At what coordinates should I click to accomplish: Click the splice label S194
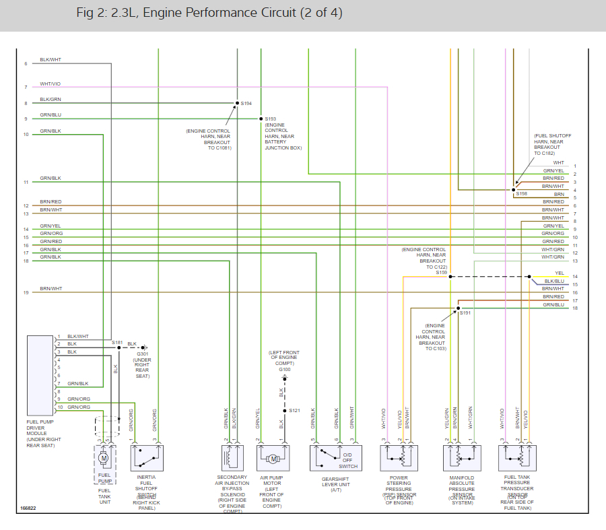(x=246, y=103)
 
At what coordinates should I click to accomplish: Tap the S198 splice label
(x=522, y=193)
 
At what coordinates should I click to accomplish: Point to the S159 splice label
(x=441, y=272)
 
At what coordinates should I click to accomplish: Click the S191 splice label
(x=465, y=313)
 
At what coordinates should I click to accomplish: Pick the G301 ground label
(x=142, y=354)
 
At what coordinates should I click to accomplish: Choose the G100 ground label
(x=285, y=370)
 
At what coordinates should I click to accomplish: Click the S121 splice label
(x=295, y=410)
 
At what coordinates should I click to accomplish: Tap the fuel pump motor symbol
(x=103, y=458)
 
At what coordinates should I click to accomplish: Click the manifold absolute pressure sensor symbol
(x=462, y=458)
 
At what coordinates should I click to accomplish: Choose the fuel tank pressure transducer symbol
(x=517, y=458)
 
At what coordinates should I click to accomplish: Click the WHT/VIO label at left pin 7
(x=50, y=84)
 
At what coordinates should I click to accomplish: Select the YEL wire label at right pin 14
(x=560, y=273)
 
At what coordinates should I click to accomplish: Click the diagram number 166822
(x=28, y=508)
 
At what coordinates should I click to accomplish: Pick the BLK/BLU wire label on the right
(x=555, y=281)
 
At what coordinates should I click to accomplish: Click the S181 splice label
(x=117, y=343)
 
